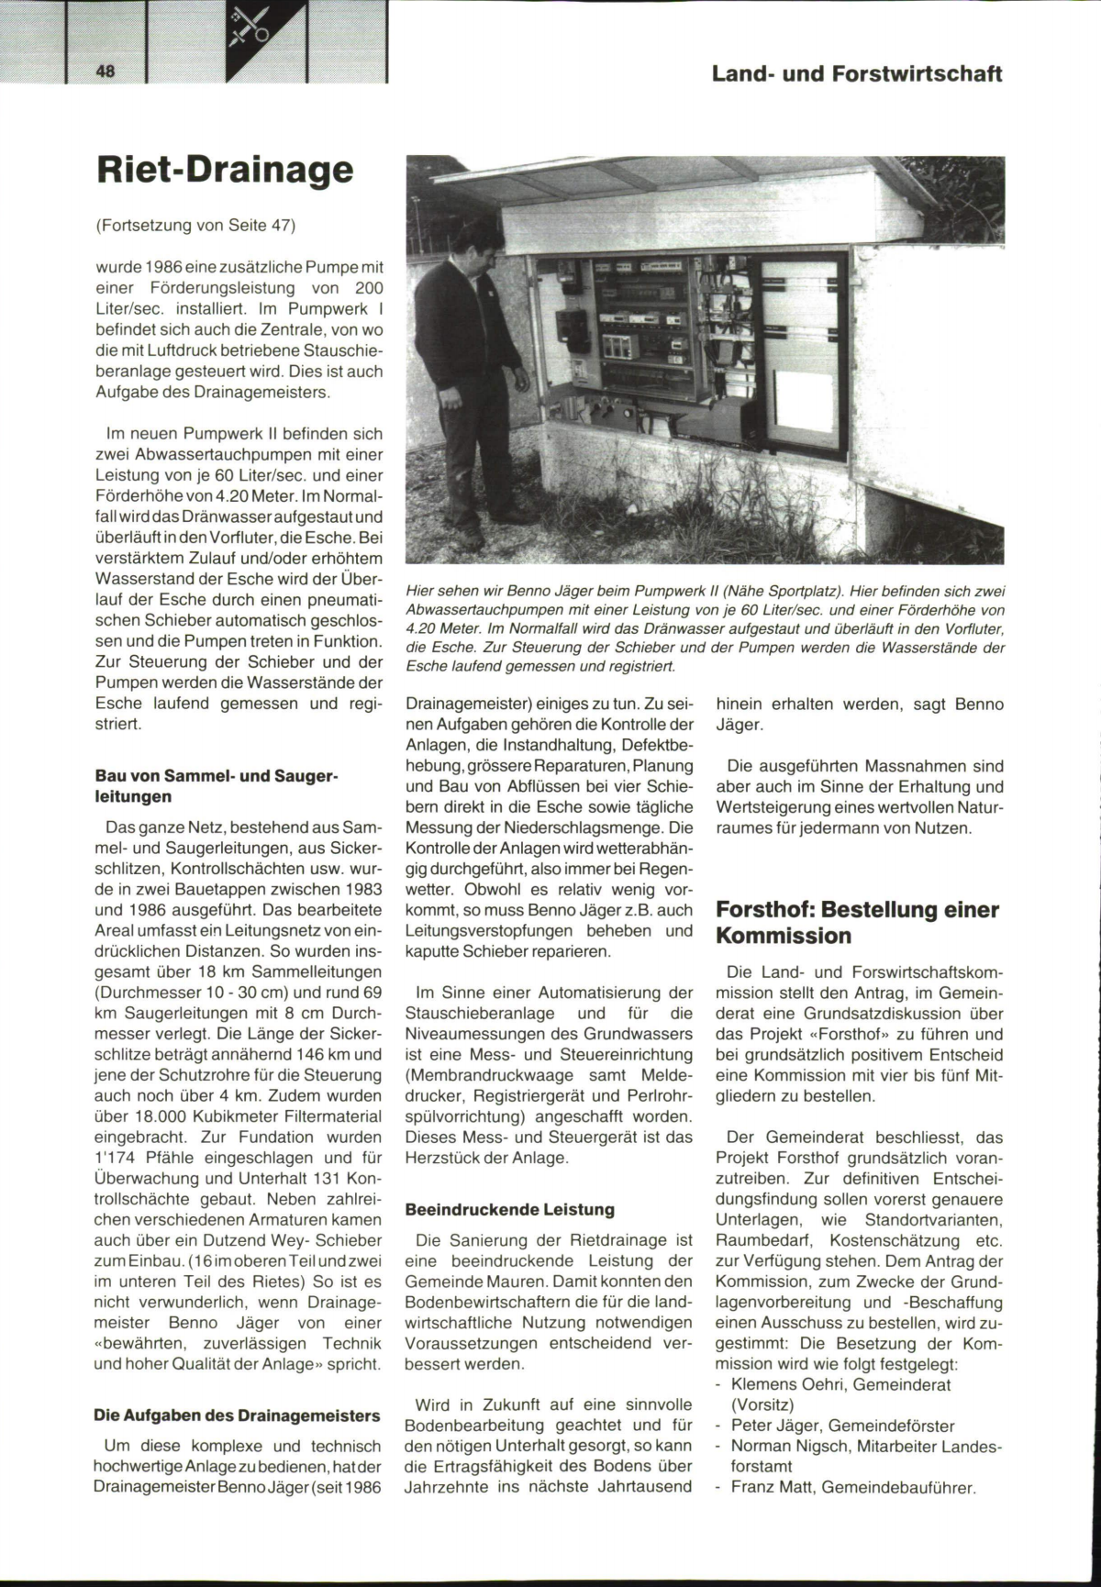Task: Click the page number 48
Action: coord(105,72)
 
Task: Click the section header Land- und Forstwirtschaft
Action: coord(856,73)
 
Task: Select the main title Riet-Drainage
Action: coord(225,171)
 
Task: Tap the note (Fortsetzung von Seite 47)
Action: coord(197,225)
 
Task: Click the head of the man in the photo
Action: coord(478,244)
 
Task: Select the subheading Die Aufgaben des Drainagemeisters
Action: coord(238,1415)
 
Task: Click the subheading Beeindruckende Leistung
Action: coord(509,1210)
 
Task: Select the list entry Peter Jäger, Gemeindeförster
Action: coord(842,1426)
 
